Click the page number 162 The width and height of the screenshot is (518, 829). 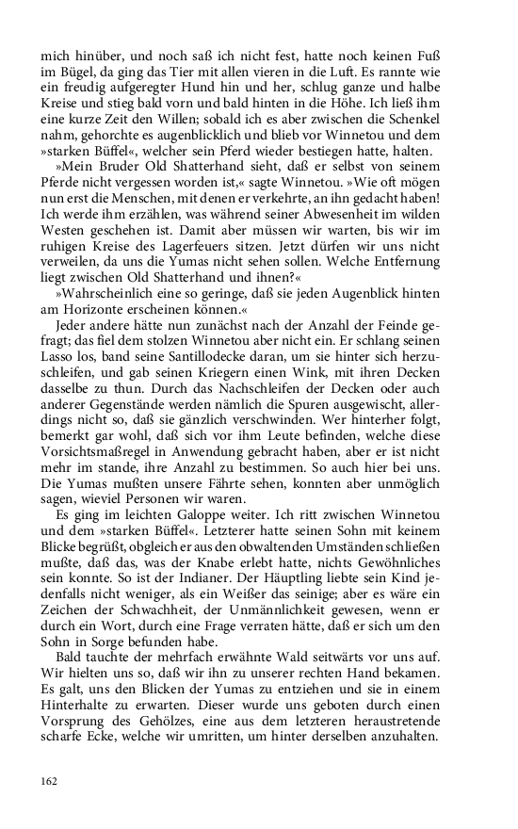pyautogui.click(x=50, y=781)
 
